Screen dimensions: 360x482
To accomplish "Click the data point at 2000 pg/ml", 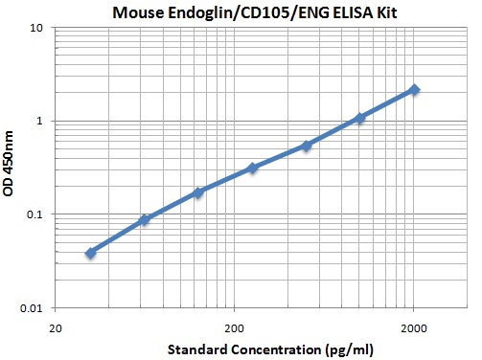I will coord(414,89).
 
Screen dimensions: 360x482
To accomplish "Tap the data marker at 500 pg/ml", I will coord(306,146).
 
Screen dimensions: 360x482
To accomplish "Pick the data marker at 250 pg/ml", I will coord(252,168).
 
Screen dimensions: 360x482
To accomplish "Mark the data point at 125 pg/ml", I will coord(198,192).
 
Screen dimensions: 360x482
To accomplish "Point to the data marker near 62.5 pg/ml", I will coord(145,220).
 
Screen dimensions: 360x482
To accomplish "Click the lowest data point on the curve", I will coord(90,253).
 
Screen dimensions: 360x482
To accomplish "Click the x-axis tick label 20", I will coord(56,325).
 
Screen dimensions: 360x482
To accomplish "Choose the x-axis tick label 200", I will coord(234,325).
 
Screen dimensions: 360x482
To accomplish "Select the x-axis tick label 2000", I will coord(414,325).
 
